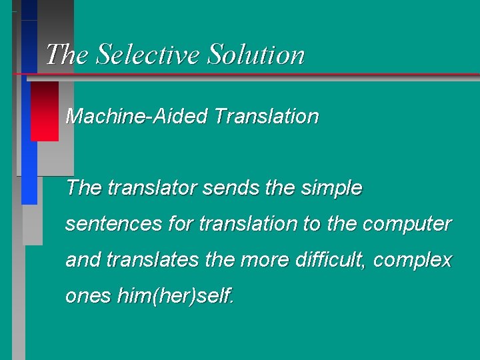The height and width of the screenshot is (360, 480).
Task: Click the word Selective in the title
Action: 149,54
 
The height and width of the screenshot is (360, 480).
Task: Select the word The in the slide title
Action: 67,54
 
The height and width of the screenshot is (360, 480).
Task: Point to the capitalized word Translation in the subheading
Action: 267,117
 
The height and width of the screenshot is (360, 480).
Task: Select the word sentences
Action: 113,225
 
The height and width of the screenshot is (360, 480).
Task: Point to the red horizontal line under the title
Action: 267,73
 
